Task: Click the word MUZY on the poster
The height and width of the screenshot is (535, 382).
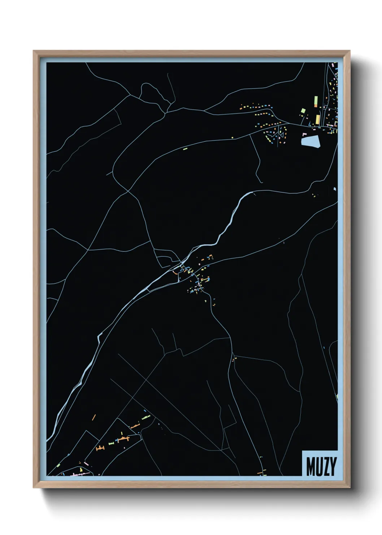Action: [321, 466]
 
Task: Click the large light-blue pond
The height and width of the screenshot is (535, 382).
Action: [311, 141]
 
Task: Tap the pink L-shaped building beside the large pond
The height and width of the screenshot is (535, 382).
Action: [304, 134]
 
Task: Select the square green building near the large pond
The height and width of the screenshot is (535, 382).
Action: [303, 111]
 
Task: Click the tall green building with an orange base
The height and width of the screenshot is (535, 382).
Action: [316, 101]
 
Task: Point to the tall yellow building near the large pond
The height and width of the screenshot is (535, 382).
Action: [318, 119]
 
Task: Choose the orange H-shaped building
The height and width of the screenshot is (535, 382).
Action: [100, 448]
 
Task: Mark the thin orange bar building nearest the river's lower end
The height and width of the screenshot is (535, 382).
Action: [94, 417]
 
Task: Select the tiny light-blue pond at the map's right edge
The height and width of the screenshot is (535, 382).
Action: [335, 189]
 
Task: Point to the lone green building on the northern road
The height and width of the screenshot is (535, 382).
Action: [185, 148]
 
